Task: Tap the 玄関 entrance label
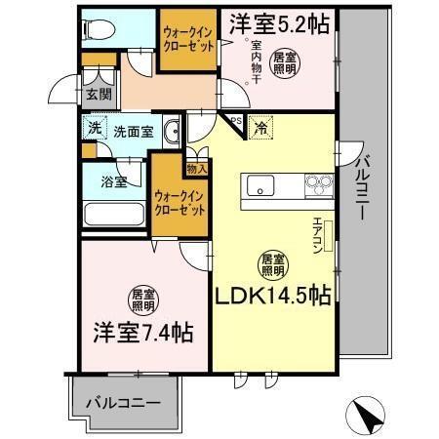(x=97, y=95)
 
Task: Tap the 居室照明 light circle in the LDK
(x=272, y=263)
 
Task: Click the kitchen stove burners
(x=319, y=182)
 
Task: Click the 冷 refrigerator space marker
(x=260, y=127)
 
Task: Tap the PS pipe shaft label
(x=236, y=120)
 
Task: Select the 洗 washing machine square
(x=94, y=127)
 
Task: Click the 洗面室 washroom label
(x=132, y=130)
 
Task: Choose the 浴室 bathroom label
(x=114, y=181)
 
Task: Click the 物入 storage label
(x=196, y=169)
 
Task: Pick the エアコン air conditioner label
(x=318, y=233)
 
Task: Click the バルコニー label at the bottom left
(x=123, y=402)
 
